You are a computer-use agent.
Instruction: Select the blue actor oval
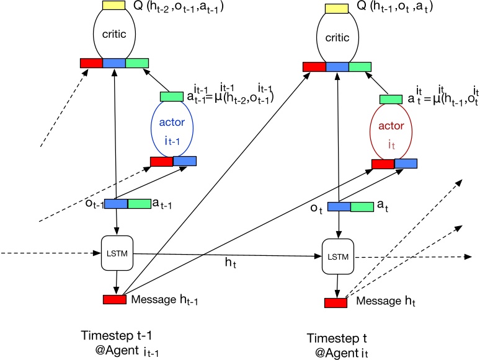[x=172, y=130]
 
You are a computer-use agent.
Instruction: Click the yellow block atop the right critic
[x=337, y=9]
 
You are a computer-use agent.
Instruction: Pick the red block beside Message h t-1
[x=115, y=300]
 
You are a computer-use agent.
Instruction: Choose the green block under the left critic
[x=137, y=63]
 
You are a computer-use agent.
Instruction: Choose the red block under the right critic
[x=314, y=66]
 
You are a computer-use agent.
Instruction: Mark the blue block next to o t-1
[x=115, y=204]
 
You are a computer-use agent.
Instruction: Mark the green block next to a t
[x=362, y=207]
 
